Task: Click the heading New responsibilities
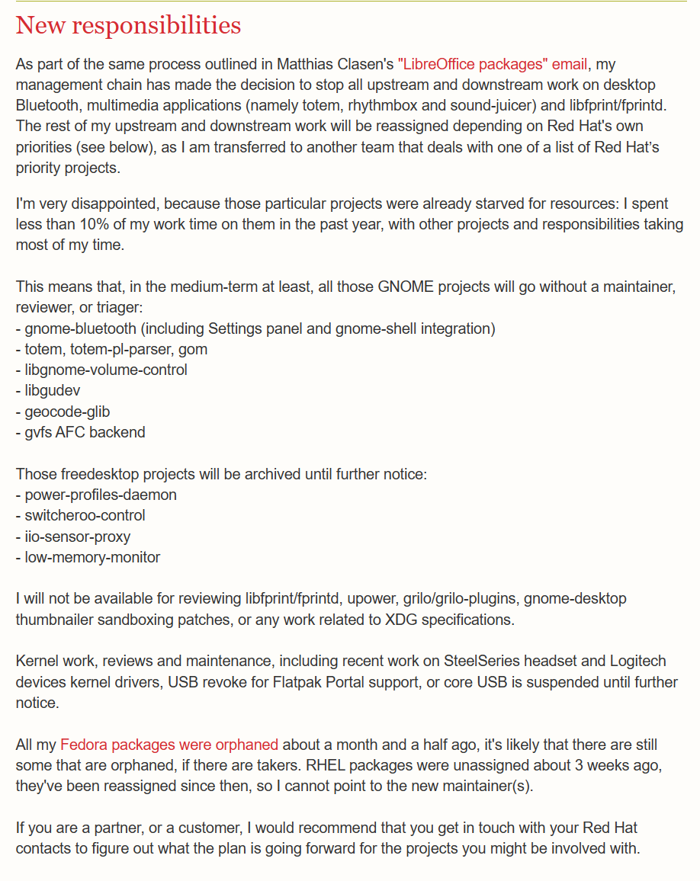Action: click(x=128, y=25)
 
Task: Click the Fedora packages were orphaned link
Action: click(x=169, y=744)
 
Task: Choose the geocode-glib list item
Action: click(x=67, y=412)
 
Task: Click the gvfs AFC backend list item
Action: click(x=85, y=432)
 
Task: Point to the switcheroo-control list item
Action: click(x=85, y=515)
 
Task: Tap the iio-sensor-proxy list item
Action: click(x=77, y=536)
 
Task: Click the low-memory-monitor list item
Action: click(x=92, y=557)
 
